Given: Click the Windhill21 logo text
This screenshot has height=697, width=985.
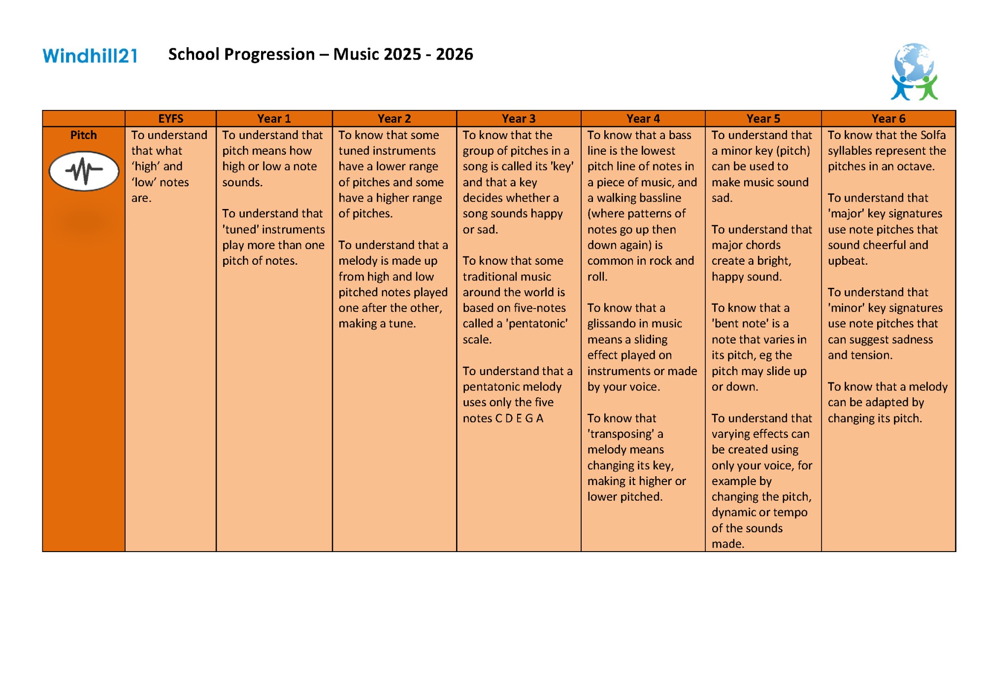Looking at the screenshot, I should pyautogui.click(x=90, y=55).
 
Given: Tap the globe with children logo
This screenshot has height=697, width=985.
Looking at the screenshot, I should pyautogui.click(x=914, y=71).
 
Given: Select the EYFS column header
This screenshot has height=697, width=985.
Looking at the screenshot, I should pyautogui.click(x=170, y=119).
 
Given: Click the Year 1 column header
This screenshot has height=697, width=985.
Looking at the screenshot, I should pyautogui.click(x=274, y=119).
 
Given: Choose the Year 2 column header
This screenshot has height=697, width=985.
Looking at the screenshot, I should pyautogui.click(x=394, y=119).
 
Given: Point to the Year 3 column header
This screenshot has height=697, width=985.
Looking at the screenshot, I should pyautogui.click(x=518, y=119).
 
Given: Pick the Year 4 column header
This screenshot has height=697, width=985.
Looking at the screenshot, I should pyautogui.click(x=643, y=119).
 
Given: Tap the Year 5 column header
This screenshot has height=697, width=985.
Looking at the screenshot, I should pyautogui.click(x=763, y=119).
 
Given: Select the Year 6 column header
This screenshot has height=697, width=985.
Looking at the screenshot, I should pyautogui.click(x=888, y=119).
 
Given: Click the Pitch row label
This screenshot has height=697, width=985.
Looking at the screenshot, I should pyautogui.click(x=83, y=135).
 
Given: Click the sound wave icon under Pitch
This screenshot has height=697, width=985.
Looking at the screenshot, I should pyautogui.click(x=84, y=171).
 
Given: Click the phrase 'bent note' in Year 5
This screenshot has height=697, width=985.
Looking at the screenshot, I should pyautogui.click(x=740, y=324).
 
